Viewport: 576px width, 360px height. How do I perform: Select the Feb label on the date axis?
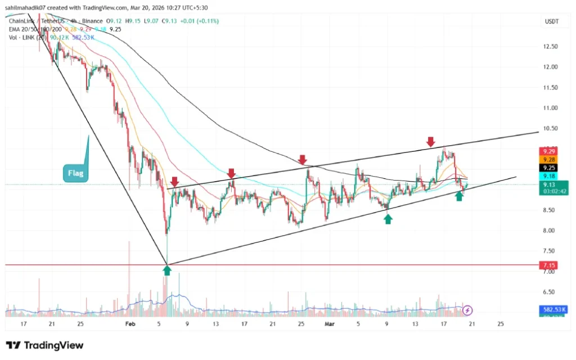(x=130, y=324)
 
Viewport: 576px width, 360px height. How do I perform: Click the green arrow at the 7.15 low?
(x=167, y=271)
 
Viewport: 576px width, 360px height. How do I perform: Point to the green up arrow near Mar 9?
(x=388, y=219)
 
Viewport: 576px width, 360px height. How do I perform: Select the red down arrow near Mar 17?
(x=431, y=141)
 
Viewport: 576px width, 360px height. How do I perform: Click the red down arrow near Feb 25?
(x=303, y=159)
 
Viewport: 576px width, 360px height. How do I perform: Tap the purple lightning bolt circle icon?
(x=468, y=309)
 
